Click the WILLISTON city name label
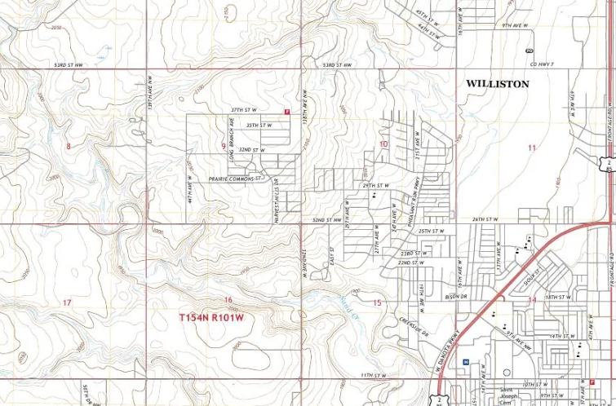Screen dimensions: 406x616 497,84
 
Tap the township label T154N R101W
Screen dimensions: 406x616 212,316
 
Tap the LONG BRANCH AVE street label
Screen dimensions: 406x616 230,135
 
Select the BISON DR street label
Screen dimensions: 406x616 450,296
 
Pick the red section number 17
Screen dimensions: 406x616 67,302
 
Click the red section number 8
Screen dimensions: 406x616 69,147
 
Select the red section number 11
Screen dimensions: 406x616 532,148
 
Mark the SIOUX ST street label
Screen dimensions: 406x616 534,280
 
